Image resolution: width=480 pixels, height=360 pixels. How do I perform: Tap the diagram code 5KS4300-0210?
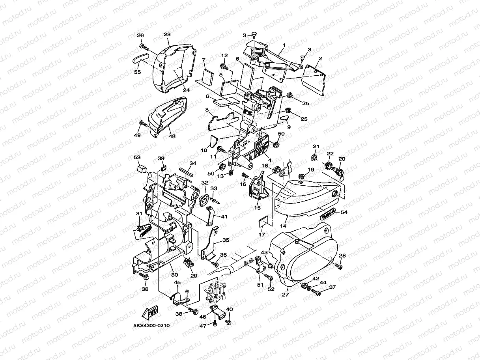153,326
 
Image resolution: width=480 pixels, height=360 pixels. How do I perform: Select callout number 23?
167,35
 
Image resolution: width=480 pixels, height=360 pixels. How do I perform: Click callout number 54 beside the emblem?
344,212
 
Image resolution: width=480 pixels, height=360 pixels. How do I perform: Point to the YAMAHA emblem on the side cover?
327,213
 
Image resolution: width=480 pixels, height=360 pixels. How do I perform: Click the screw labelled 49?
142,125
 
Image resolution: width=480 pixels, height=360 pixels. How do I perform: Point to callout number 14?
283,226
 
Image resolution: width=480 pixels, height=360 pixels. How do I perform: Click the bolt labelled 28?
339,266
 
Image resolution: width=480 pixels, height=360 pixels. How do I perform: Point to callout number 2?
320,59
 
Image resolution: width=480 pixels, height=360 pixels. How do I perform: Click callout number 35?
226,240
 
